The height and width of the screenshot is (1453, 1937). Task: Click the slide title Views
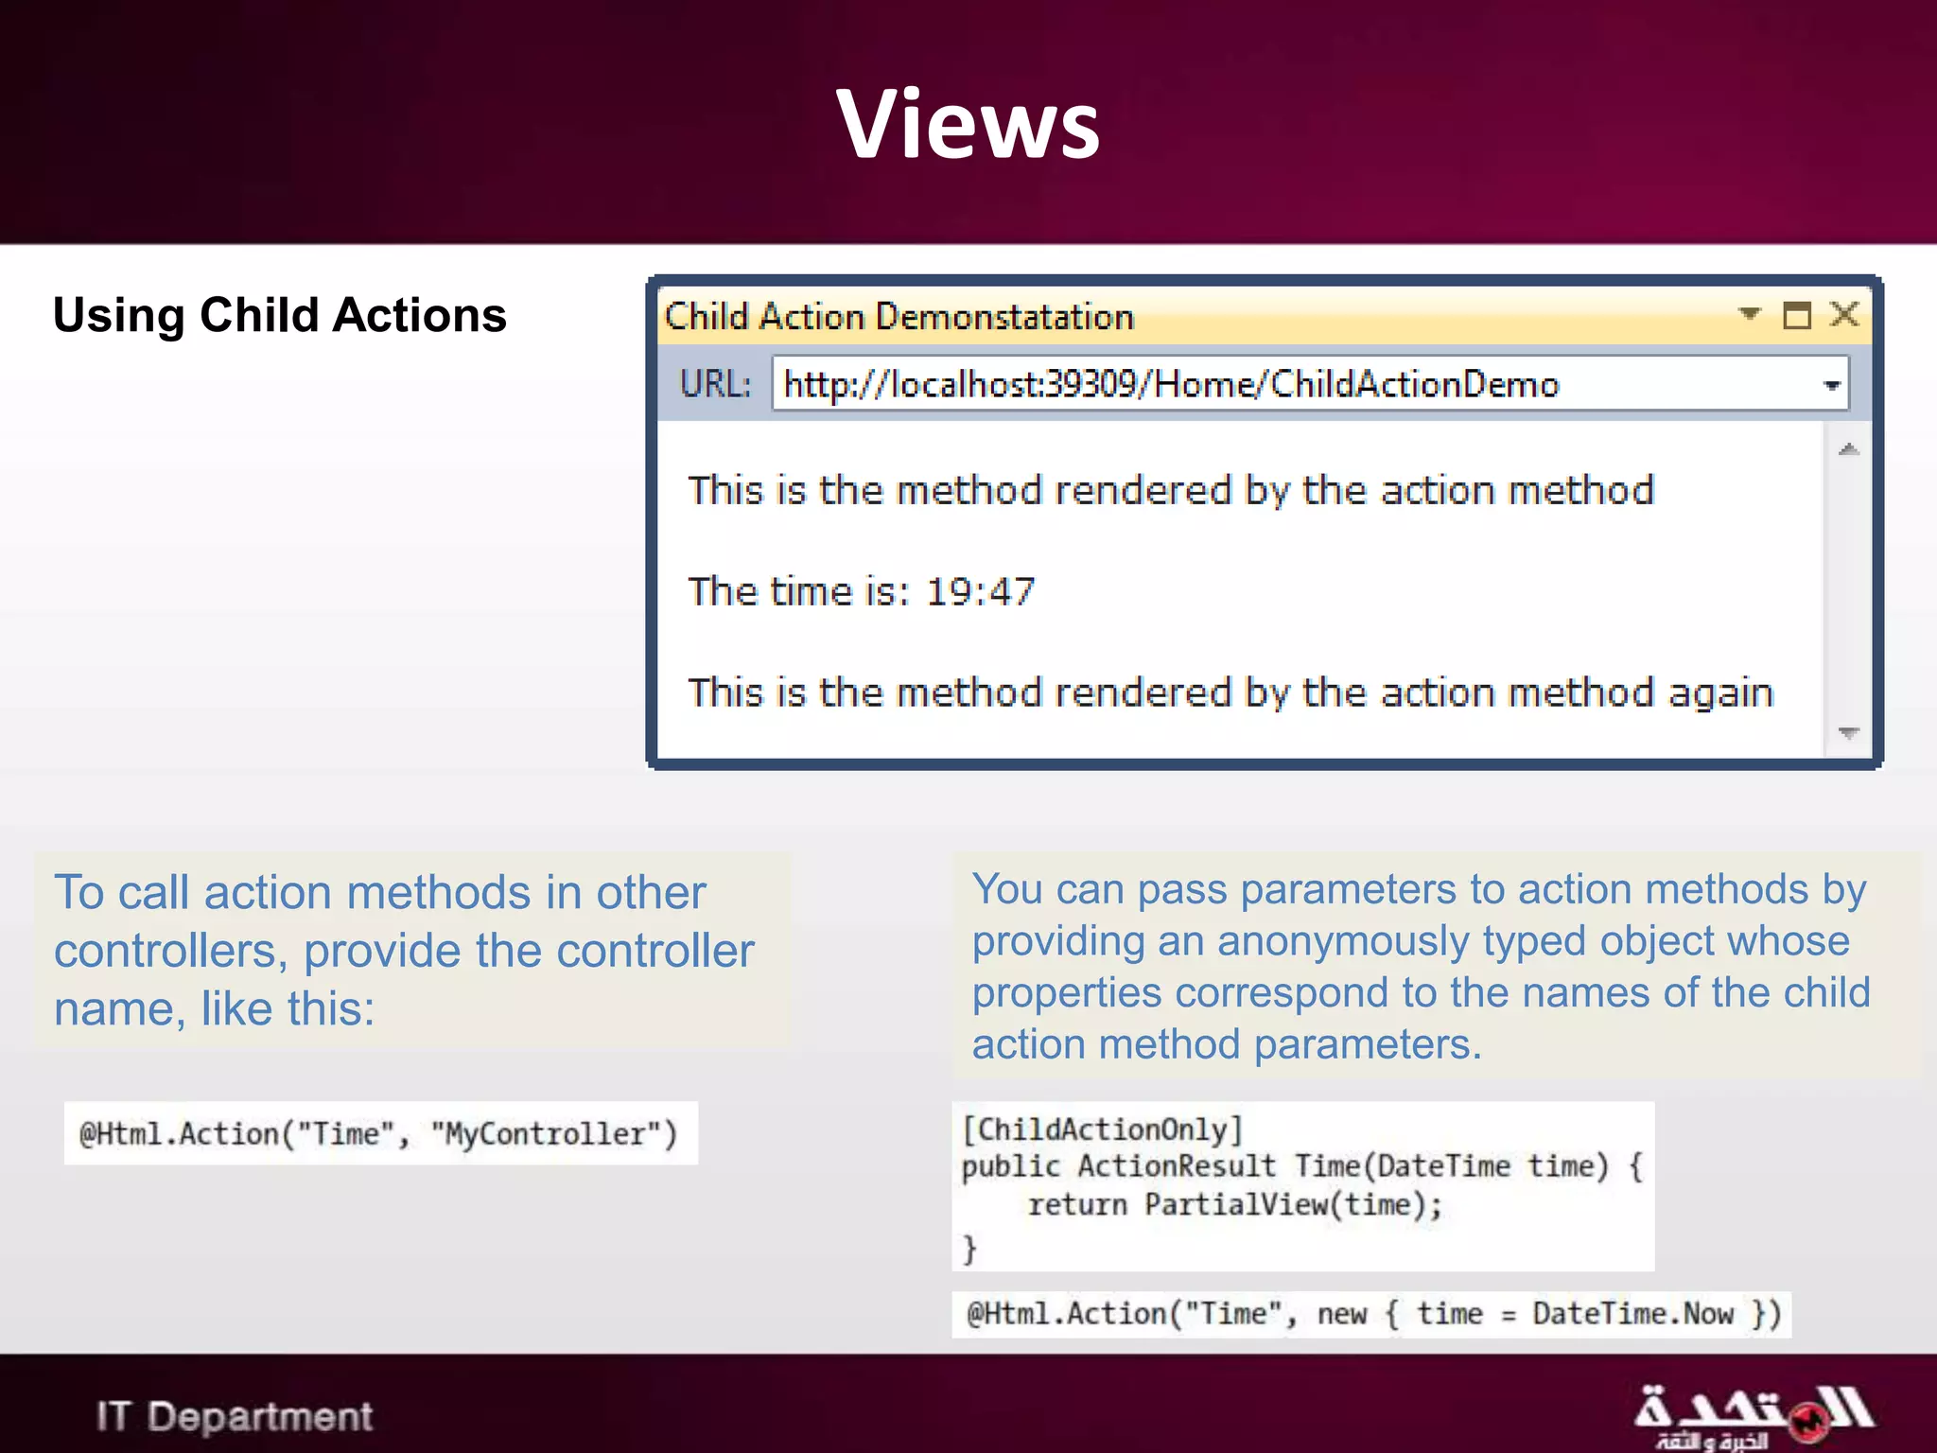pyautogui.click(x=968, y=124)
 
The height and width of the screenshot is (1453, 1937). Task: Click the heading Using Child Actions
pyautogui.click(x=279, y=315)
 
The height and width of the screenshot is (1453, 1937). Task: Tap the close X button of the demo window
pyautogui.click(x=1844, y=314)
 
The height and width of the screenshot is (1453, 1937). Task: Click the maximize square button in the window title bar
pyautogui.click(x=1796, y=315)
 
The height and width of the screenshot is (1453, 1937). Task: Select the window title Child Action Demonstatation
pyautogui.click(x=899, y=316)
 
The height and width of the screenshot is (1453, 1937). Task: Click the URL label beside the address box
pyautogui.click(x=715, y=384)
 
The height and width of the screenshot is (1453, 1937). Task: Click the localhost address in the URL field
pyautogui.click(x=1171, y=384)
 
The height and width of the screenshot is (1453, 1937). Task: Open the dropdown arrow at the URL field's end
pyautogui.click(x=1831, y=385)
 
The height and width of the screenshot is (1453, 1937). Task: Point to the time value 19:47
pyautogui.click(x=980, y=591)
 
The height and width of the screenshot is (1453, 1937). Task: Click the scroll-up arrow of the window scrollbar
pyautogui.click(x=1849, y=449)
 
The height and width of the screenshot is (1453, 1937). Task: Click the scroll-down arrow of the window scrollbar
pyautogui.click(x=1849, y=732)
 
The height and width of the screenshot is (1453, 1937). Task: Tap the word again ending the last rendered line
pyautogui.click(x=1719, y=693)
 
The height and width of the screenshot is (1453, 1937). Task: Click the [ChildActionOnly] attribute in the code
pyautogui.click(x=1102, y=1129)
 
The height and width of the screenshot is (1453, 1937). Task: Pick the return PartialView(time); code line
pyautogui.click(x=1234, y=1204)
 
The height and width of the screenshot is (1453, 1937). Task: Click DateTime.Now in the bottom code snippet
pyautogui.click(x=1632, y=1314)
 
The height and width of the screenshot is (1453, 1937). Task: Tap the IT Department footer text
pyautogui.click(x=235, y=1416)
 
